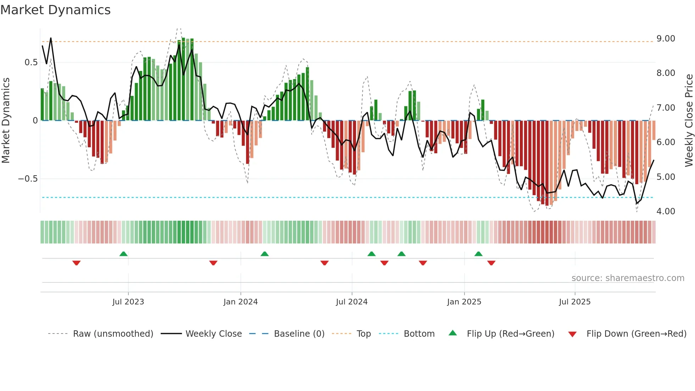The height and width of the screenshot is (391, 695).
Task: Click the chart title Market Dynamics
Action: coord(55,10)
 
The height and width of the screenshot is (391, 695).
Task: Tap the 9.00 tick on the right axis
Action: coord(666,38)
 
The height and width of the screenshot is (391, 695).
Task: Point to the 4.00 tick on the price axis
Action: coord(666,211)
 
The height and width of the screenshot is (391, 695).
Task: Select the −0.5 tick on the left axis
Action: coord(28,178)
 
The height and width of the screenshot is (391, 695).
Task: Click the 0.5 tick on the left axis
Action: coord(31,62)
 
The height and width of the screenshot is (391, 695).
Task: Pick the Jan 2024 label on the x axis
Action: coord(240,302)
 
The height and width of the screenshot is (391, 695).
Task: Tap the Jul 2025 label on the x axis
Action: coord(574,302)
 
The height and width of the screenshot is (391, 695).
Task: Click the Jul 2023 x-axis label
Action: coord(128,302)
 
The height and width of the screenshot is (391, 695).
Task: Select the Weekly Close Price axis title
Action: coord(689,120)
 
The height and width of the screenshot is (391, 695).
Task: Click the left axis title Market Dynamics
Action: coord(6,120)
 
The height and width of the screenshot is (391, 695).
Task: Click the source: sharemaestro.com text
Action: coord(628,278)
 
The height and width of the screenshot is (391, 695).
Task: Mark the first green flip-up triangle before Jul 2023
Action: coord(123,254)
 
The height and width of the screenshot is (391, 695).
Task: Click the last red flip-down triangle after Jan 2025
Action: coord(491,263)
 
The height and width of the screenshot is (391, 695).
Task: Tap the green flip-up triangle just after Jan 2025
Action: coord(478,254)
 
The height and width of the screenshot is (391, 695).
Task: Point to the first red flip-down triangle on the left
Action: coord(76,263)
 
